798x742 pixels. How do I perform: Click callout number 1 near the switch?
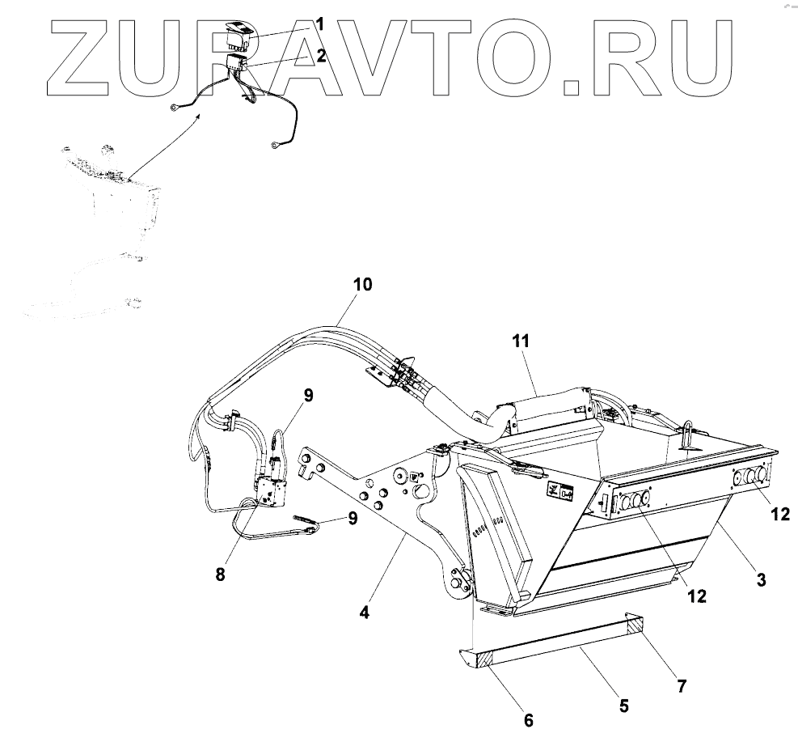tap(319, 25)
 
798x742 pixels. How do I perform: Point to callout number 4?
tap(365, 613)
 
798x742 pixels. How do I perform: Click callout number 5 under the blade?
tap(623, 705)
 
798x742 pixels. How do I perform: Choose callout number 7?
tap(682, 685)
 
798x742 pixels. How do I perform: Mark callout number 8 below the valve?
tap(221, 575)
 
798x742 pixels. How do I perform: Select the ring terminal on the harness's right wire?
tap(277, 146)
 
